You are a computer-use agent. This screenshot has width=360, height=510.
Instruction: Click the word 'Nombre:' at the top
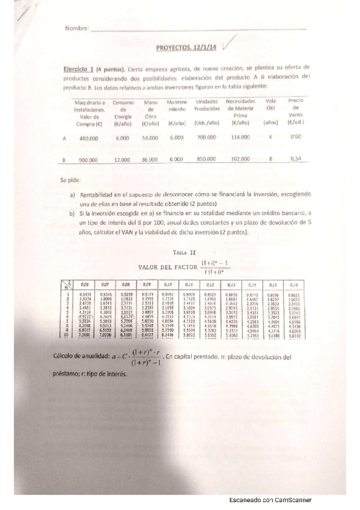(77, 28)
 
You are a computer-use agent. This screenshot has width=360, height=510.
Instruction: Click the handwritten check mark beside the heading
(229, 43)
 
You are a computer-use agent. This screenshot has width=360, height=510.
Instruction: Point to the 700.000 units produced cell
(206, 138)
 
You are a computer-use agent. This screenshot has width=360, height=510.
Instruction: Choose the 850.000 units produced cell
(206, 159)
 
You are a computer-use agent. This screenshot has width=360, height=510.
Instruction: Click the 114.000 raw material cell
(240, 138)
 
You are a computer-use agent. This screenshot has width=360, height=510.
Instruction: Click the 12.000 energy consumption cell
(122, 159)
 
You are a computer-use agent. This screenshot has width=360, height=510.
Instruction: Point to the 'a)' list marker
(73, 195)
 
